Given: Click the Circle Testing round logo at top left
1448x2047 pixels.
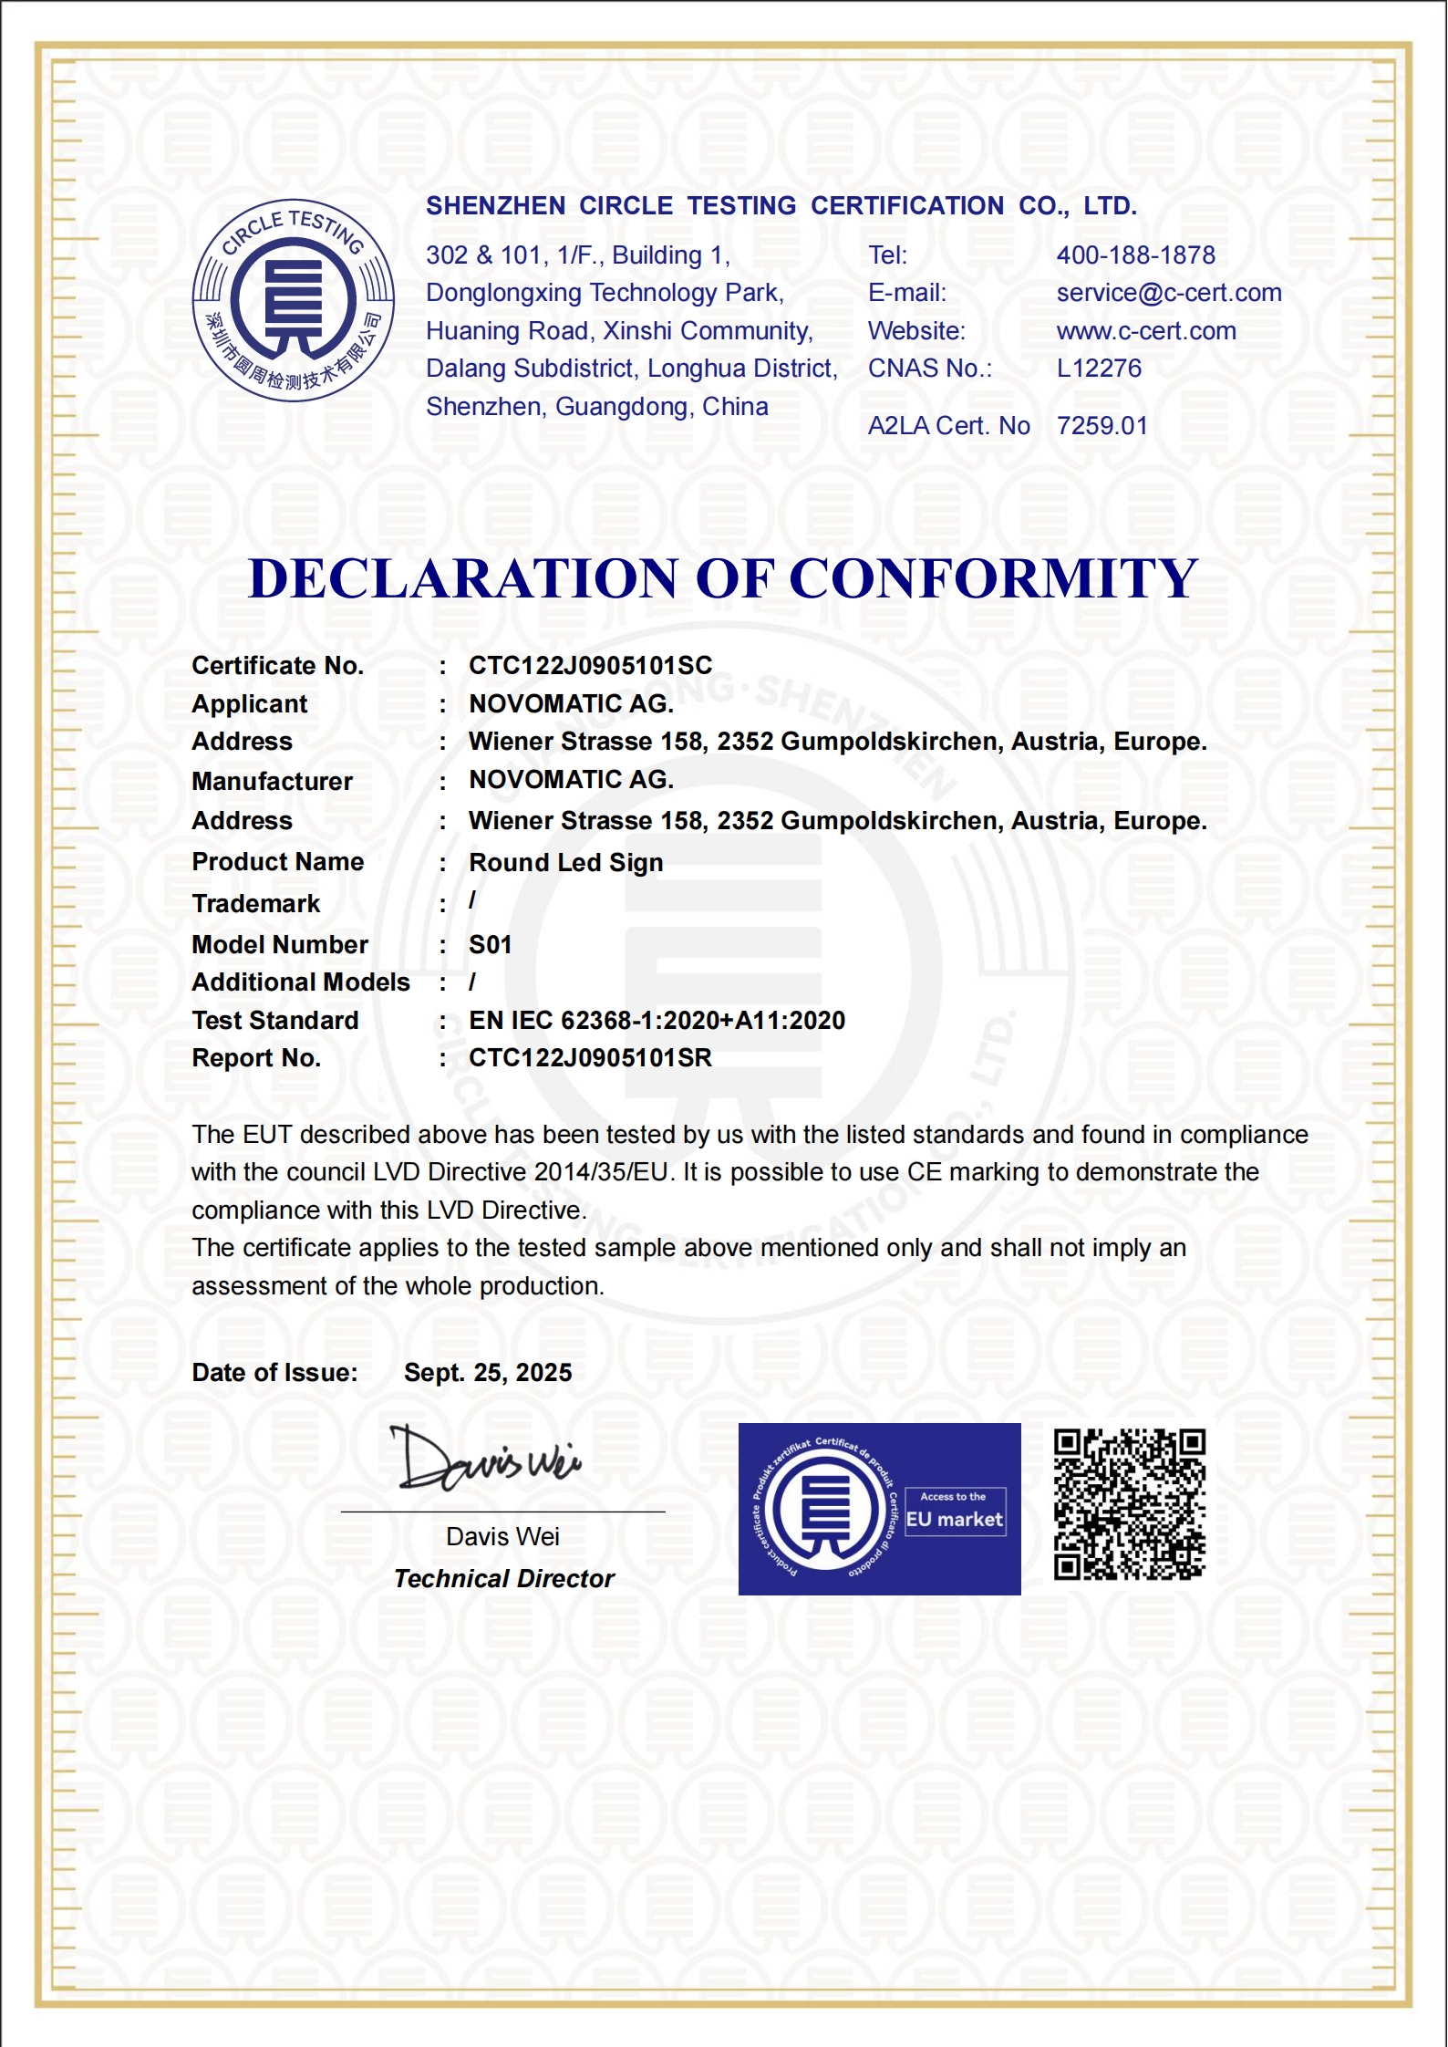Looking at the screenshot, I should tap(293, 300).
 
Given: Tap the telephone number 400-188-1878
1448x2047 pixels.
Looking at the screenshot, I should tap(1135, 255).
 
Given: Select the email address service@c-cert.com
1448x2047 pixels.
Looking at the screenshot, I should tap(1168, 293).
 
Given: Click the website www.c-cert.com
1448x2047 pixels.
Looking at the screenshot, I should tap(1145, 331).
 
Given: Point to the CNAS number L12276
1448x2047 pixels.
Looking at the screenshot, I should tap(1099, 369).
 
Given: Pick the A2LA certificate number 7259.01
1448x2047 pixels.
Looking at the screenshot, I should tap(1102, 426).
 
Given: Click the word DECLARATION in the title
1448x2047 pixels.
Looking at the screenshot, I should tap(463, 578).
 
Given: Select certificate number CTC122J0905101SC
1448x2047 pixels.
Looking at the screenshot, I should tap(590, 666).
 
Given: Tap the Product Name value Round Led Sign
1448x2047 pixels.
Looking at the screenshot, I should tap(565, 863).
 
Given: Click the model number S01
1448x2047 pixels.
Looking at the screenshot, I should tap(490, 945).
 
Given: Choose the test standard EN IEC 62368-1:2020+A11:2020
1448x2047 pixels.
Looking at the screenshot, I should tap(657, 1021).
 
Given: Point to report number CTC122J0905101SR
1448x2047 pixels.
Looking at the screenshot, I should tap(590, 1058).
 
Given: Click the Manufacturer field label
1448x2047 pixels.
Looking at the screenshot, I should tap(272, 782).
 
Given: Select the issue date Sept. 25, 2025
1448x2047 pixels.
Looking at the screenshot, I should tap(488, 1373).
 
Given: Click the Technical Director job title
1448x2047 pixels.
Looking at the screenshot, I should tap(504, 1579).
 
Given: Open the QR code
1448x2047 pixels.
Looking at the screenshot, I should tap(1130, 1504).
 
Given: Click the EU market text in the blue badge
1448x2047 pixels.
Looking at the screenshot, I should tap(954, 1520).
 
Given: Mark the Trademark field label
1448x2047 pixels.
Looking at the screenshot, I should tap(255, 904).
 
